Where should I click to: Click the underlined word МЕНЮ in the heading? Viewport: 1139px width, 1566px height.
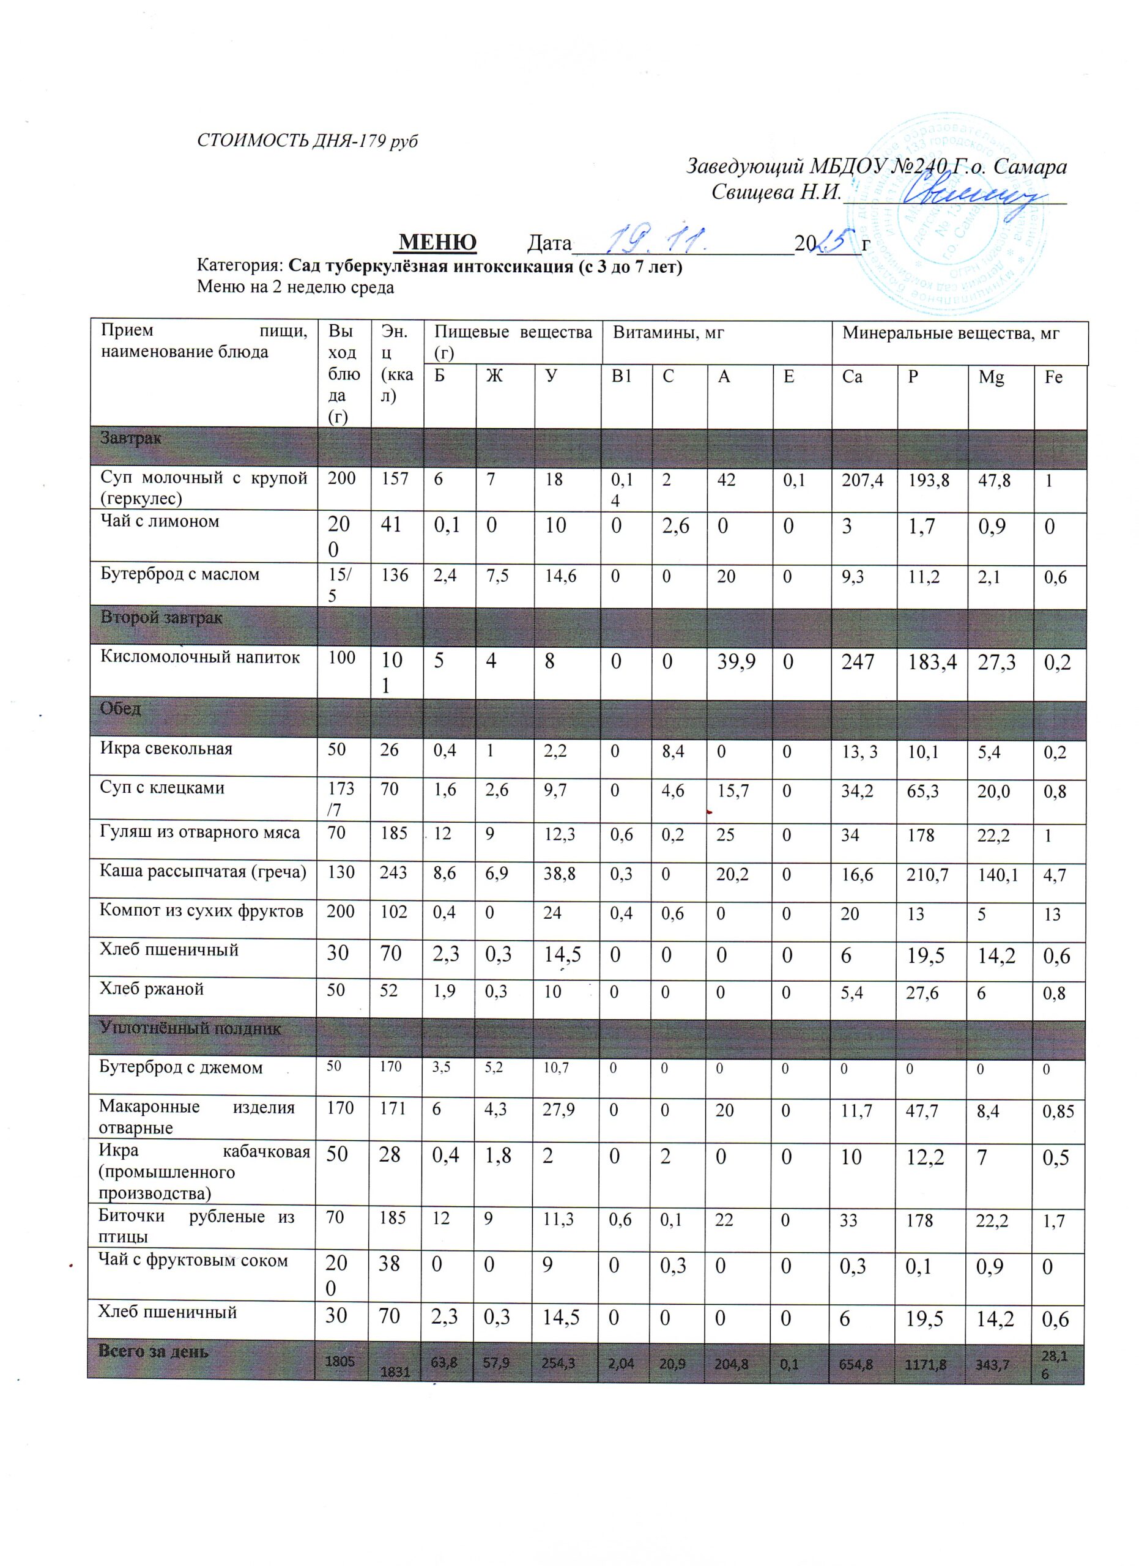click(x=439, y=242)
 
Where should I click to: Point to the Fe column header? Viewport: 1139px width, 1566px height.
click(x=1053, y=377)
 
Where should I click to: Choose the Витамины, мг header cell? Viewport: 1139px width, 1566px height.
click(x=668, y=334)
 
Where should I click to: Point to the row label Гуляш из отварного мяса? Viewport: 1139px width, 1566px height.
click(x=200, y=833)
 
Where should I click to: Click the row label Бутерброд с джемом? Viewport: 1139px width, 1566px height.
click(x=181, y=1067)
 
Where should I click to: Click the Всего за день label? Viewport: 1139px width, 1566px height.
click(x=154, y=1351)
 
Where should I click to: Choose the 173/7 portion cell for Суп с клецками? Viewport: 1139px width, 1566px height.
click(x=343, y=797)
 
